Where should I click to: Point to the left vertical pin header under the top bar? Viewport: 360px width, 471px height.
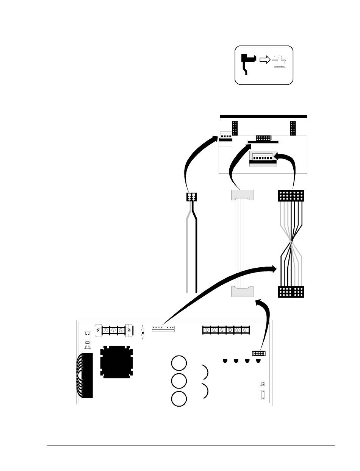point(235,128)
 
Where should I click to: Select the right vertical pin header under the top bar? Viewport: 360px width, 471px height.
point(293,128)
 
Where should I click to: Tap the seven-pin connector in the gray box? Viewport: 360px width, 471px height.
point(263,157)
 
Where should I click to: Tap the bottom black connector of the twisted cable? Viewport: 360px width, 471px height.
point(291,292)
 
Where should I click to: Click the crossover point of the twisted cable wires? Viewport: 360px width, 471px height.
point(291,240)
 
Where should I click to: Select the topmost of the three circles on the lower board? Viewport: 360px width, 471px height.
point(178,363)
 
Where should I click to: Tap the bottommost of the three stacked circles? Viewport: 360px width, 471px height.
point(178,399)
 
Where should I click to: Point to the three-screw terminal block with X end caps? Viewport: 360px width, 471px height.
point(113,330)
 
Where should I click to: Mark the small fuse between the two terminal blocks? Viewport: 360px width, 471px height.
point(142,333)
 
